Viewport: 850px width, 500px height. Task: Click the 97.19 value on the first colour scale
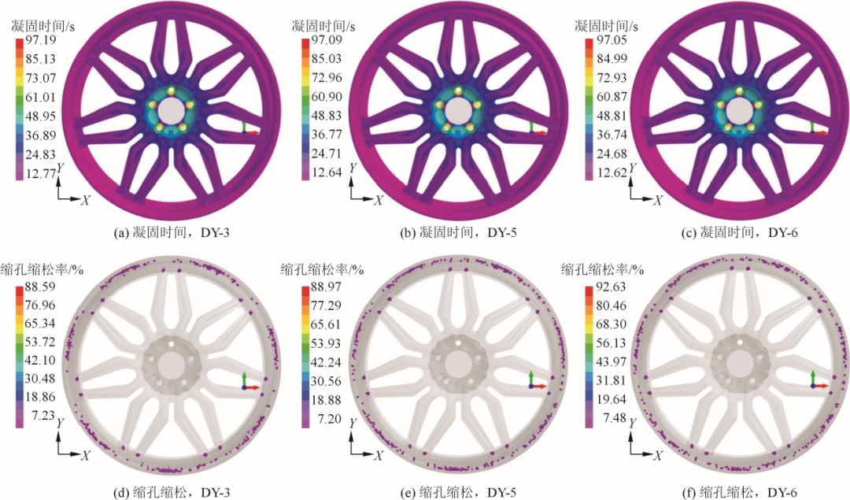point(41,40)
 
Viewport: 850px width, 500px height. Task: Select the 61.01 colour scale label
point(41,98)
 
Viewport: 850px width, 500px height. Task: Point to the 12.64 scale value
point(327,172)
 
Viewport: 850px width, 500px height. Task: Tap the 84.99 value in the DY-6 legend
point(612,59)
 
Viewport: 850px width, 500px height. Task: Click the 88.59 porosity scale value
point(41,287)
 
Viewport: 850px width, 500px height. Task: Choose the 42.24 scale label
point(326,362)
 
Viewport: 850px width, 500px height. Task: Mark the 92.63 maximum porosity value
point(611,287)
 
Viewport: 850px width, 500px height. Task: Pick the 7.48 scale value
point(614,418)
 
